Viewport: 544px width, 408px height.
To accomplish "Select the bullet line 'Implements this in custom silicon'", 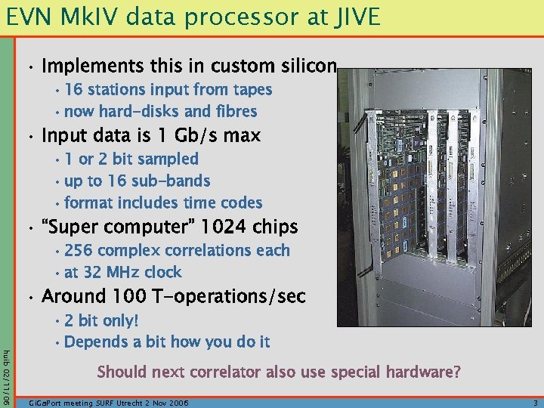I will pyautogui.click(x=189, y=66).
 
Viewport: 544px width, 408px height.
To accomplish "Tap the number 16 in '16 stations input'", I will pyautogui.click(x=73, y=90).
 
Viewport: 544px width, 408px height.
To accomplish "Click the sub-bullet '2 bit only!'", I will pyautogui.click(x=101, y=320).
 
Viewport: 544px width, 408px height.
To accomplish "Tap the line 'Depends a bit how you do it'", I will pyautogui.click(x=167, y=342).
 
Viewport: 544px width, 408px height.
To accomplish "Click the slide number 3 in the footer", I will pyautogui.click(x=533, y=403).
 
